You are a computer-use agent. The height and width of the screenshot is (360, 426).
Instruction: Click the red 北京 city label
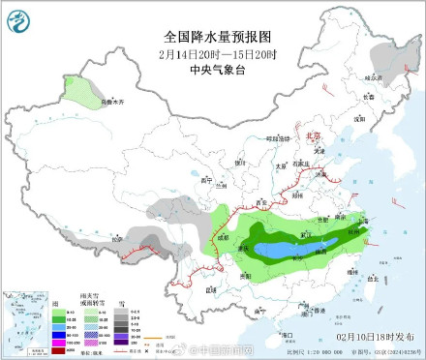pyautogui.click(x=311, y=136)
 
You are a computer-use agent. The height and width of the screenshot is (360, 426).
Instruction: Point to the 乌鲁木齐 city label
pyautogui.click(x=113, y=101)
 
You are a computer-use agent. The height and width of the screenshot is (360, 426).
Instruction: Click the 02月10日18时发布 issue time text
pyautogui.click(x=366, y=335)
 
